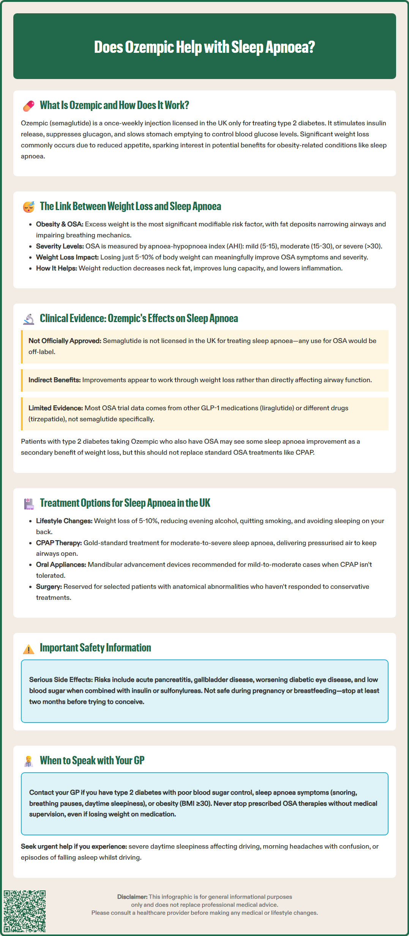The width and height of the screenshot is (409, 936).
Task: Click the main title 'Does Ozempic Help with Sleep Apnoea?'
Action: [204, 47]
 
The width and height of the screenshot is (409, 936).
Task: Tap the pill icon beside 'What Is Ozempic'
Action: [28, 106]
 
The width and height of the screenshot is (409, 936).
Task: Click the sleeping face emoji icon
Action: [28, 207]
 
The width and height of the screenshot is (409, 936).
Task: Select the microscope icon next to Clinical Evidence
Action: [28, 319]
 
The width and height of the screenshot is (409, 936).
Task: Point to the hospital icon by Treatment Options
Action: [28, 504]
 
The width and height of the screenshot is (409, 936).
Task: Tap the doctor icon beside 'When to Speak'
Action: [28, 761]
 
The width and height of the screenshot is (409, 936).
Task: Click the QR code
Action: [25, 911]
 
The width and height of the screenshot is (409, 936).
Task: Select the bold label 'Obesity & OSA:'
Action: [60, 224]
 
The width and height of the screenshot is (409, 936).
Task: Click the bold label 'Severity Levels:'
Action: [60, 246]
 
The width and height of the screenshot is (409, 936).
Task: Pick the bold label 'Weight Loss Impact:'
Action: [67, 257]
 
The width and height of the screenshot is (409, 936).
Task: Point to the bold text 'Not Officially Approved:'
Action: [65, 341]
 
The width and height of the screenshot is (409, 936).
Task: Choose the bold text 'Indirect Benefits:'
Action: [55, 380]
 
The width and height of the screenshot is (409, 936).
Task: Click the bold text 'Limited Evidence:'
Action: [55, 408]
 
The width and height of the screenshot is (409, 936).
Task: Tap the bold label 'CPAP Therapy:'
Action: [59, 543]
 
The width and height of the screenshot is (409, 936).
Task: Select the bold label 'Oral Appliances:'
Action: [61, 564]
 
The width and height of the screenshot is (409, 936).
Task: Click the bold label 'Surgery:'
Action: [49, 587]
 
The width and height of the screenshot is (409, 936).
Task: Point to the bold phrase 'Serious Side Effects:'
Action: [61, 680]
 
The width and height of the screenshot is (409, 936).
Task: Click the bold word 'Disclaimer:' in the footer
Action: [132, 896]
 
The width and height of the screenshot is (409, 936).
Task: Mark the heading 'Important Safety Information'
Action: [95, 648]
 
